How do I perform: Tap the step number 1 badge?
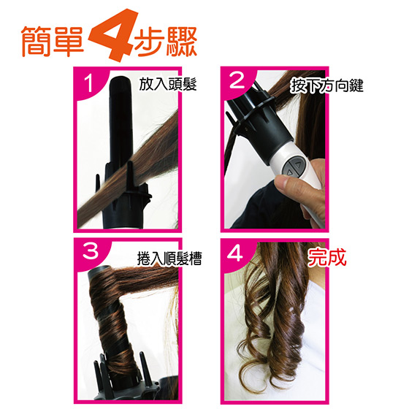88,83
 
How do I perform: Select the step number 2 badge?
237,80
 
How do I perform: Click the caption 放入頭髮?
167,84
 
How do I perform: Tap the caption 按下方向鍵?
326,85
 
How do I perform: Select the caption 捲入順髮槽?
169,259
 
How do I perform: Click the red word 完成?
327,257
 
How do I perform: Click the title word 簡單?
52,41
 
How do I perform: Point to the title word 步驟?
166,41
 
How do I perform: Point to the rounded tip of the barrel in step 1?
121,79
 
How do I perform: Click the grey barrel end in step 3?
99,270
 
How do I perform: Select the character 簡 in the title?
36,41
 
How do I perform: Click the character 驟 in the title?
182,41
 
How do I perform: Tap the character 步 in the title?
150,41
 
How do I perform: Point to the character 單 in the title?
69,41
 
